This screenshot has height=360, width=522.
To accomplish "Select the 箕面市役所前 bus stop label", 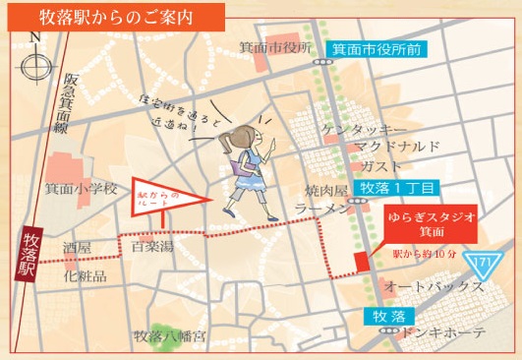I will [378, 47].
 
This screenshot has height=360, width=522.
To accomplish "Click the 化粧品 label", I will [85, 276].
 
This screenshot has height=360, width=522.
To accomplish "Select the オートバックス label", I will [434, 287].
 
